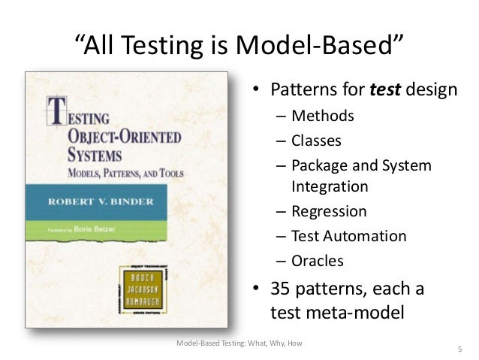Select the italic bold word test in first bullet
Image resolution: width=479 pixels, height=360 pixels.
[x=386, y=91]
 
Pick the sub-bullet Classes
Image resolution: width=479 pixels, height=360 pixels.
[x=316, y=141]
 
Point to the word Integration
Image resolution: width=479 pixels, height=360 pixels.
[x=330, y=186]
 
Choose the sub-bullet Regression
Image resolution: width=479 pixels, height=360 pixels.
[x=329, y=211]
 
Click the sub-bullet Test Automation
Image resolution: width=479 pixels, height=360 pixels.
[x=348, y=236]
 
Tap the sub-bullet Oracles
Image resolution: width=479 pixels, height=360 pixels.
[x=317, y=261]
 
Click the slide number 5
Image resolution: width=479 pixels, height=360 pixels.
[x=459, y=349]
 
